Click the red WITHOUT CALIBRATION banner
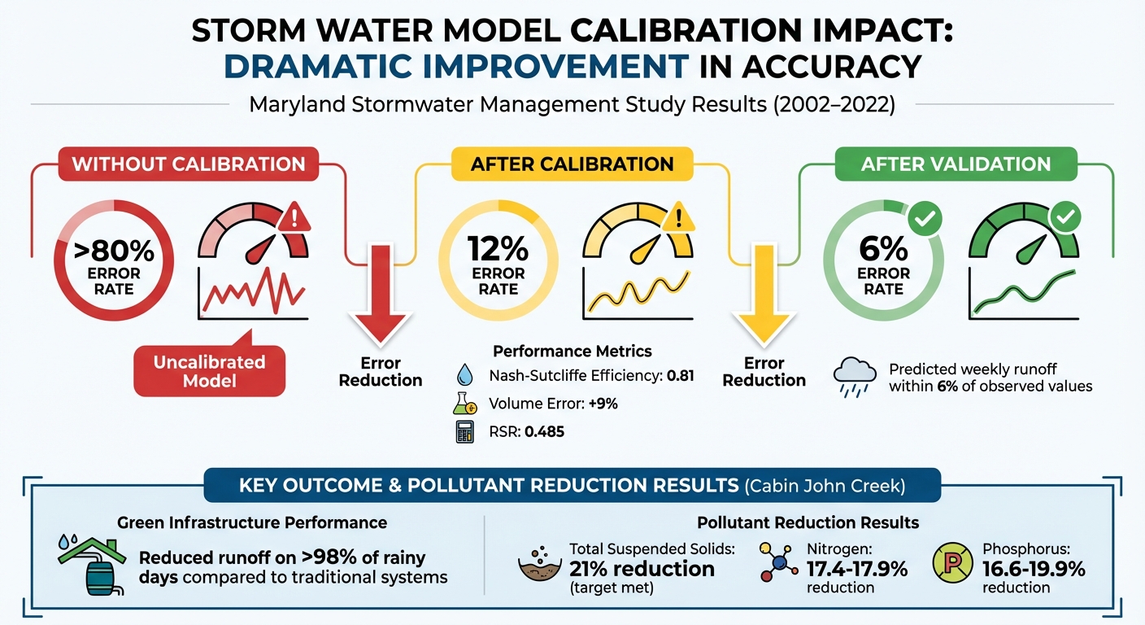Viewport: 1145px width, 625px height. coord(189,164)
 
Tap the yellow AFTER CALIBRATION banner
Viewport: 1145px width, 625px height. coord(572,164)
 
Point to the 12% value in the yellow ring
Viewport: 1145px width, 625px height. coord(498,247)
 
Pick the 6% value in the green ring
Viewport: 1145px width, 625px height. coord(883,247)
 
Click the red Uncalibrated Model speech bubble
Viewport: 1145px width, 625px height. coord(209,371)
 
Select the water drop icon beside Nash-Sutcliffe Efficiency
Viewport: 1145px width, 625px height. coord(464,375)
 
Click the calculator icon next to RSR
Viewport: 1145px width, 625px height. coord(464,431)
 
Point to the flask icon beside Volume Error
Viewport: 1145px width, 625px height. coord(464,404)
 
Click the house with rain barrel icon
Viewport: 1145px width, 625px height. coord(92,562)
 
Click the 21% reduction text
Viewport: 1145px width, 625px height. coord(642,569)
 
